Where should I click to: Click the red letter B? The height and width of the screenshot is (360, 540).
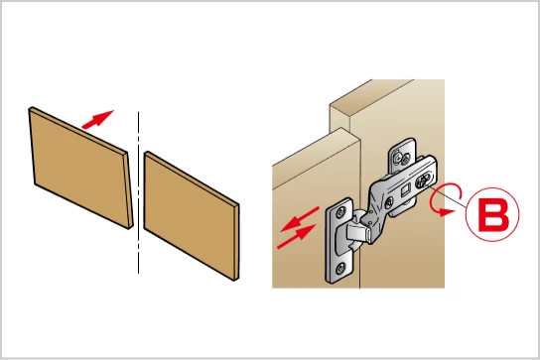[492, 214]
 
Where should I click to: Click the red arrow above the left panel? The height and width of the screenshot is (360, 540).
[98, 119]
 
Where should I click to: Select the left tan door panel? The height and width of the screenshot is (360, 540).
[81, 168]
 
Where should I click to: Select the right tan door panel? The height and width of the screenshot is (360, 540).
[192, 216]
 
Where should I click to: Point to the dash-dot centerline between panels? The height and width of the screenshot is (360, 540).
[138, 192]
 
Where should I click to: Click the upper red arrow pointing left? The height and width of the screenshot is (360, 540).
[300, 219]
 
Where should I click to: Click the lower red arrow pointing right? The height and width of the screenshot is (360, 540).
[297, 236]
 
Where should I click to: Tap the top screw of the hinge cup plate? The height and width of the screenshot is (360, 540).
[341, 212]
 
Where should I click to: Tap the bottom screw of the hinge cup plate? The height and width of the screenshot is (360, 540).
[341, 268]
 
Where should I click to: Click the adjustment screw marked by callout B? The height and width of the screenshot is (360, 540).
[423, 180]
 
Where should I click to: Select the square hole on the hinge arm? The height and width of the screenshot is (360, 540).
[405, 190]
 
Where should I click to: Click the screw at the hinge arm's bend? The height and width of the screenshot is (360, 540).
[389, 202]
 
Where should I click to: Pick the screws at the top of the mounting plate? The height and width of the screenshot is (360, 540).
[402, 158]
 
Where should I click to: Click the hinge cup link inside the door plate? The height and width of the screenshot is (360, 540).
[358, 231]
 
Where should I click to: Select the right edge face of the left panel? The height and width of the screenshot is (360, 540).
[129, 190]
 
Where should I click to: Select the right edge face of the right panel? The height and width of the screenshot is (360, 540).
[236, 242]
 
